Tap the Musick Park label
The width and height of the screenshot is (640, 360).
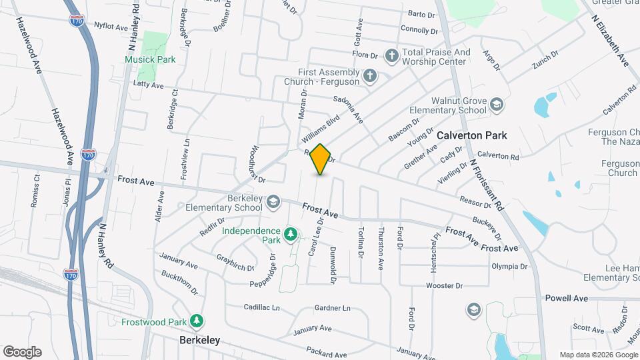pos(150,59)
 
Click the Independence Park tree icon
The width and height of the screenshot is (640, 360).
pos(290,235)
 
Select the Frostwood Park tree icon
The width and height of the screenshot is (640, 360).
pos(197,321)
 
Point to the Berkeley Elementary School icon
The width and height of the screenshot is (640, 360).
pos(273,202)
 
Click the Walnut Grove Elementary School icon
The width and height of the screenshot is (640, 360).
pos(496,105)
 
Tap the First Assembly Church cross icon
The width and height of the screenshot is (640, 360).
pos(371,77)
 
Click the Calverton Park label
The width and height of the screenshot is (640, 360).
pos(472,135)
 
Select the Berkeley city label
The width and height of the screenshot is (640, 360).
pos(199,340)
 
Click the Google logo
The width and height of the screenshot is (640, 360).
pos(22,352)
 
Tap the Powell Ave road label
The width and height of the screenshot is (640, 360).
pos(566,298)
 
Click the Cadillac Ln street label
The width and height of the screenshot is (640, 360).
pos(261,307)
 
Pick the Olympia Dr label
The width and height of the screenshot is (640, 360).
pos(509,266)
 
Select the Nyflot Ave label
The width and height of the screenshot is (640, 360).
pos(111,27)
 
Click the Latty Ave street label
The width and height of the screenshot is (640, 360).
pos(148,85)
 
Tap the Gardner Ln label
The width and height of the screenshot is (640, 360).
pos(332,308)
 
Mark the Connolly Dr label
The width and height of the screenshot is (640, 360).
pos(419,30)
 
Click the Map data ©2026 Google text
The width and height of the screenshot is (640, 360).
pos(599,355)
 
